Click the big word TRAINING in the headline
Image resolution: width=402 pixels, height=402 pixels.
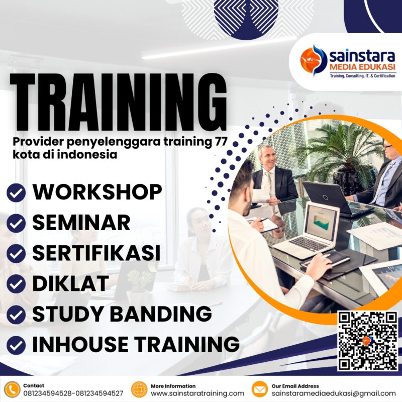click(x=119, y=103)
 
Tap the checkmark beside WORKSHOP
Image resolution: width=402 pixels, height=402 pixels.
click(x=16, y=192)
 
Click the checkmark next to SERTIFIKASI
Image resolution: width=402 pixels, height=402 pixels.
click(x=16, y=253)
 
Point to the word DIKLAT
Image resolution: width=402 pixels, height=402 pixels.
click(x=70, y=283)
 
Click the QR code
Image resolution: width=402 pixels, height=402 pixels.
click(x=367, y=340)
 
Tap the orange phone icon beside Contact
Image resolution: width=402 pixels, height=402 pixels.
click(x=12, y=389)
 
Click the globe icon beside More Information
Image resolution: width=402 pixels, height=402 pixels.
click(x=139, y=389)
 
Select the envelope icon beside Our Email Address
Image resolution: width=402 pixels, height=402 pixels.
click(x=259, y=389)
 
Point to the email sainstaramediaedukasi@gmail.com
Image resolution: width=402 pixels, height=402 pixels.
click(x=334, y=393)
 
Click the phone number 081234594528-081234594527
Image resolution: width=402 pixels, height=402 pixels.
click(x=73, y=393)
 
